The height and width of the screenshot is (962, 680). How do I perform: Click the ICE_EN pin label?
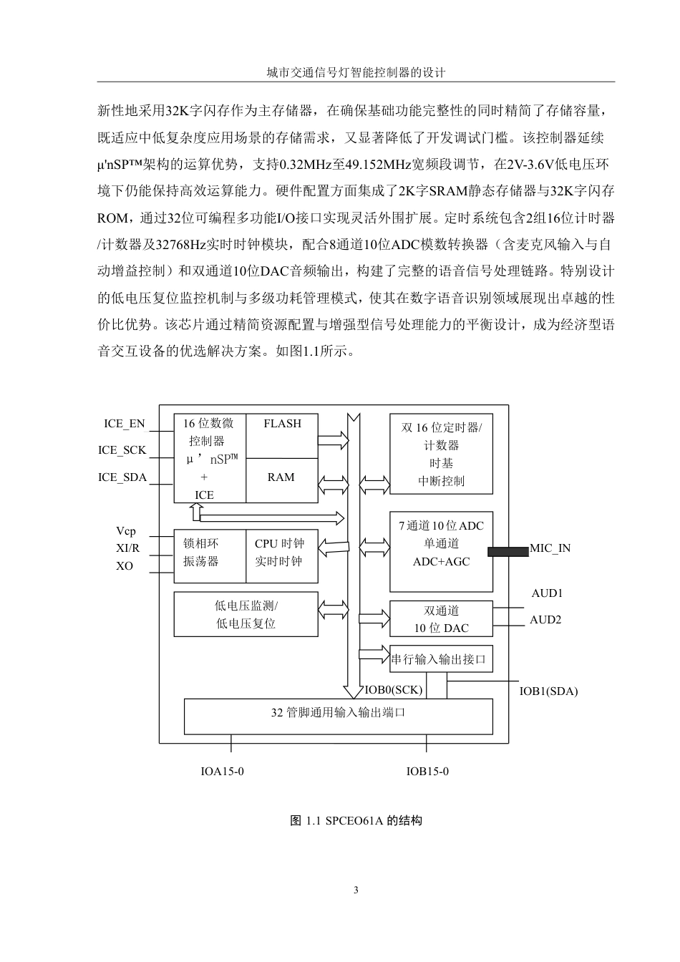[x=125, y=423]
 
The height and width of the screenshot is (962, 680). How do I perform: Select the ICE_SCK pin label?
[x=122, y=450]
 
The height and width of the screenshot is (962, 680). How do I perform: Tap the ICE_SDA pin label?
[x=122, y=477]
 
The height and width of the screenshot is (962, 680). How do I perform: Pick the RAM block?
[x=281, y=477]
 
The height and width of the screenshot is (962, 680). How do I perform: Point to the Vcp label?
[x=125, y=531]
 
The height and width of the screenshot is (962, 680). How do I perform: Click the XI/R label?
[x=127, y=548]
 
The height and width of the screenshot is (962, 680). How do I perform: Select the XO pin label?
[x=125, y=566]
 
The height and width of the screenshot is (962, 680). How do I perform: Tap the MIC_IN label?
[x=550, y=549]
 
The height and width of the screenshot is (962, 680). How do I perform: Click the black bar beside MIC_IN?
[x=507, y=551]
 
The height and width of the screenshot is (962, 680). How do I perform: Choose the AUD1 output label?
[x=547, y=593]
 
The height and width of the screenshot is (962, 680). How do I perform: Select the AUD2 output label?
[x=545, y=620]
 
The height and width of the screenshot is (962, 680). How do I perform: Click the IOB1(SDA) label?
[x=548, y=691]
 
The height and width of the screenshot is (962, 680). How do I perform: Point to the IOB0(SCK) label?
[x=394, y=690]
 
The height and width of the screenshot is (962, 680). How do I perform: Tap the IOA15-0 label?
[x=223, y=771]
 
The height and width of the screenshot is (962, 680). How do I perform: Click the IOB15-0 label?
[x=427, y=771]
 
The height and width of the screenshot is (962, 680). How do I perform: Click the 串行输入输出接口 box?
[x=440, y=659]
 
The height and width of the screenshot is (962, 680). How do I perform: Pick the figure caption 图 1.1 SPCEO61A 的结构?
[x=356, y=820]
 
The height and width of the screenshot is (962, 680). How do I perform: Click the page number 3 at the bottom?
[x=356, y=890]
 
